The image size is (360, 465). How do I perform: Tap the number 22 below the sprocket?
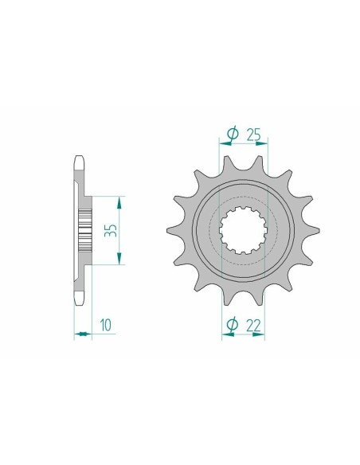253,324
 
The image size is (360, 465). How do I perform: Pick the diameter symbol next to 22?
232,324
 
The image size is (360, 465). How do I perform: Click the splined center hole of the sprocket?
241,229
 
